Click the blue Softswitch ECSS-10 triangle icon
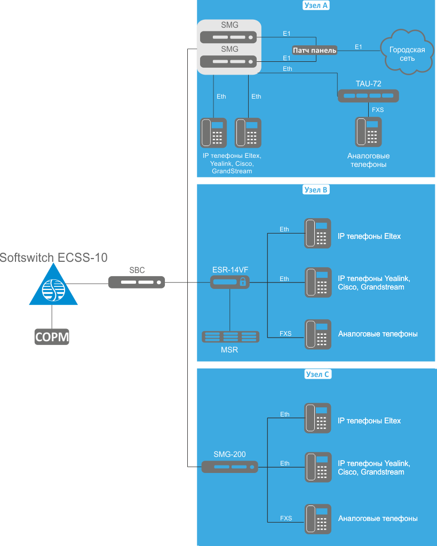coord(53,287)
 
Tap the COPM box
coord(52,336)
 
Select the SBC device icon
coord(137,282)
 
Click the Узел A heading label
coord(316,6)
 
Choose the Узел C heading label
coord(316,374)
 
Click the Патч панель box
coord(315,50)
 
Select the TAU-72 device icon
coord(368,96)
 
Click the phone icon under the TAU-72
coord(368,132)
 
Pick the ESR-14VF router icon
coord(229,282)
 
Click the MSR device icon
coord(230,337)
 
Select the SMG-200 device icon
coord(229,467)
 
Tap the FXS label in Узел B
coord(285,334)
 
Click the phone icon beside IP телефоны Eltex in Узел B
coord(318,233)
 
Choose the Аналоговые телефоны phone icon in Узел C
coord(318,519)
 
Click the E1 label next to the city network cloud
coord(359,47)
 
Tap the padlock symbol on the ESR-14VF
coord(243,282)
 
